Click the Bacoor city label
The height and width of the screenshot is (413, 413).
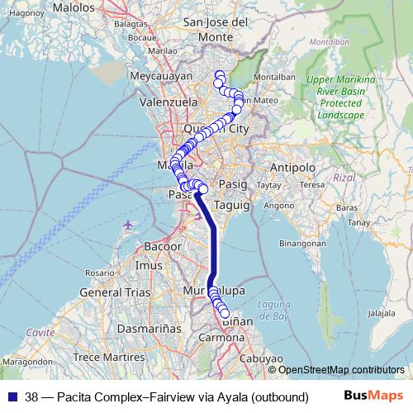(x=163, y=246)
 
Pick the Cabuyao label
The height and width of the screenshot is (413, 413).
(x=262, y=358)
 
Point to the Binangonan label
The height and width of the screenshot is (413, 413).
(x=304, y=244)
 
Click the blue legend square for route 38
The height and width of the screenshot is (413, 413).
(x=12, y=396)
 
